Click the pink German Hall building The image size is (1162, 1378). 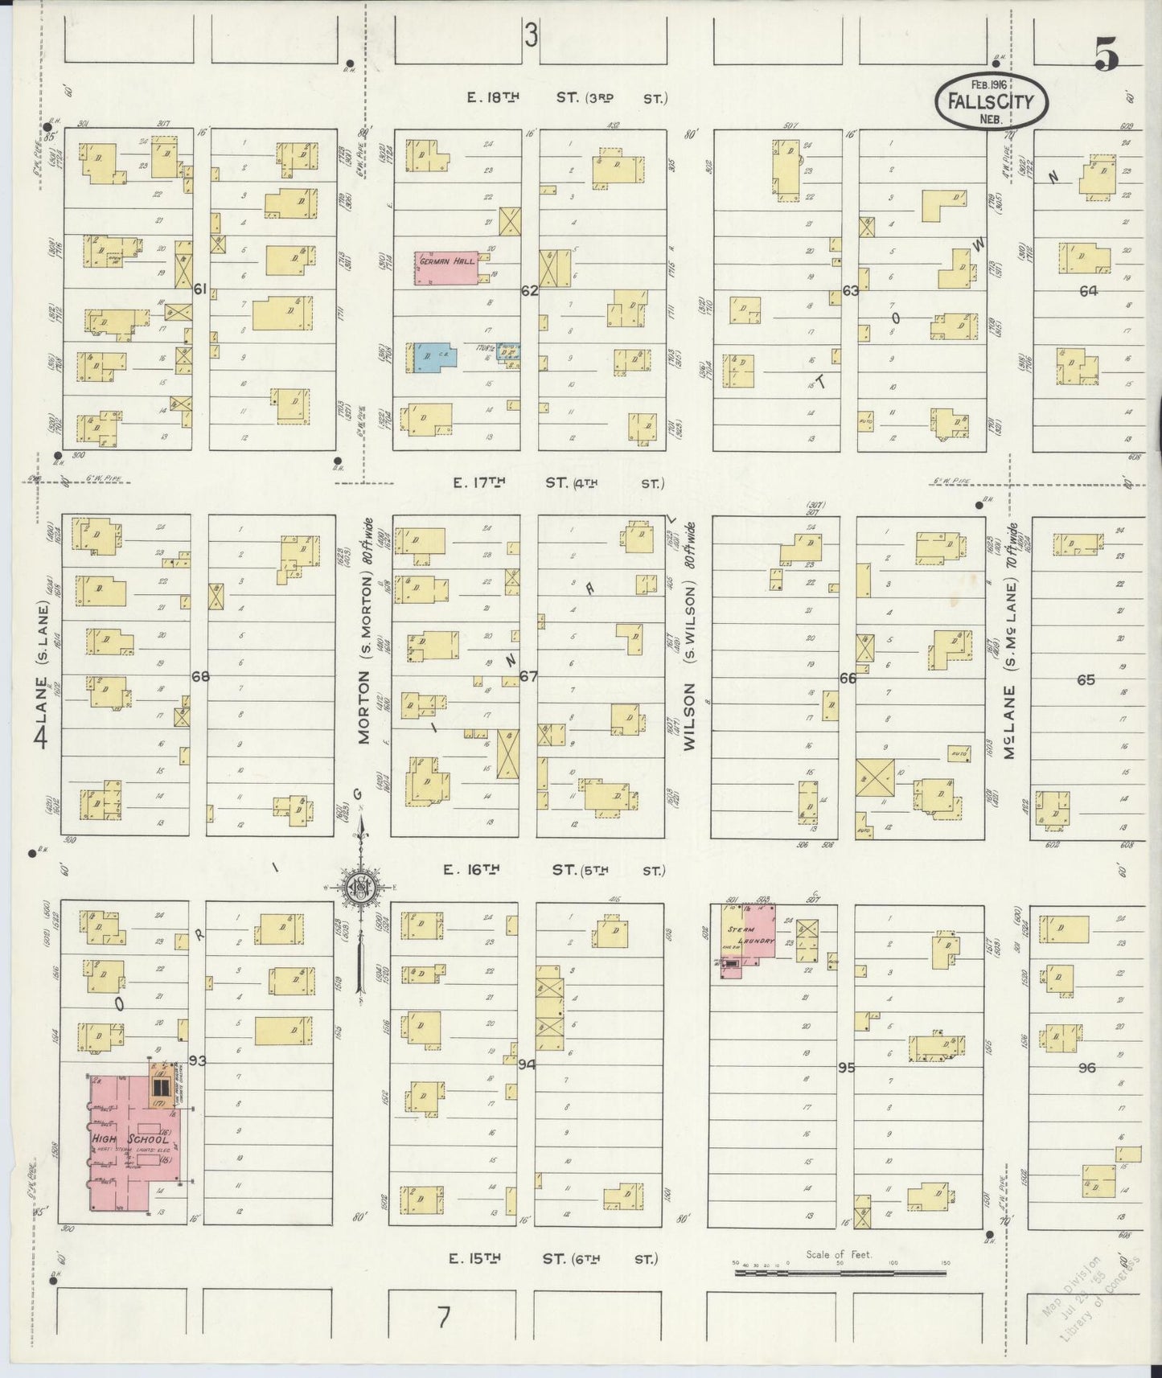(446, 267)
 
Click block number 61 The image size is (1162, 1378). (200, 289)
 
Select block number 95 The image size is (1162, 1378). (845, 1068)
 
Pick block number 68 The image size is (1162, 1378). (200, 676)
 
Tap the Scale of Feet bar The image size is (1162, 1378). (840, 1272)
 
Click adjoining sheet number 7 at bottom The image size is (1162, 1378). (442, 1317)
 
